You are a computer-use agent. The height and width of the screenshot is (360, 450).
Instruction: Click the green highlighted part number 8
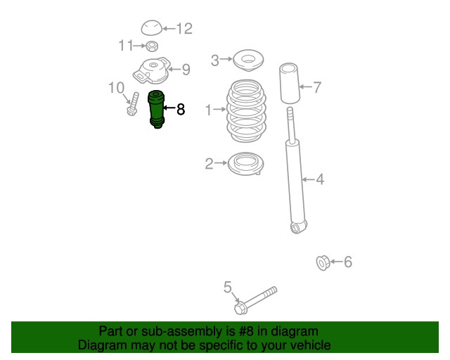pos(156,110)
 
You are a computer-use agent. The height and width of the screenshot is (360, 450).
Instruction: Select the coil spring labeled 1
pos(246,111)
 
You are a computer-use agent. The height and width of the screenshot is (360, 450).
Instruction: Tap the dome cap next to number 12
pos(152,28)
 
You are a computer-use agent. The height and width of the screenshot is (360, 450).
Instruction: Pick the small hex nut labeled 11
pos(152,46)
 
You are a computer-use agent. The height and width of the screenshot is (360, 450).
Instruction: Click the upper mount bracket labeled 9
pos(152,70)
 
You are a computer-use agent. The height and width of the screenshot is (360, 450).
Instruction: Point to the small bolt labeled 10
pos(133,104)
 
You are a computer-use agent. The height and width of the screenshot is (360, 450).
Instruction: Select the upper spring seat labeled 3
pos(248,61)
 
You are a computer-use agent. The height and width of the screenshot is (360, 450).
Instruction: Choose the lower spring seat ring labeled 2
pos(245,164)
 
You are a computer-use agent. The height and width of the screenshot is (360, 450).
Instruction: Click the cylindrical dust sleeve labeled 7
pos(290,83)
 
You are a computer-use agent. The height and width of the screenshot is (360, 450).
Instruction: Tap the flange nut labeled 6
pos(323,263)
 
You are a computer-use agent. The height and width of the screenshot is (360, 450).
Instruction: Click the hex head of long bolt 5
pos(240,308)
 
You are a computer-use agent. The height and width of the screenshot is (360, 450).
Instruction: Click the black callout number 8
pos(181,110)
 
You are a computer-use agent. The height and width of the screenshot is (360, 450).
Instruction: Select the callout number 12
pos(184,29)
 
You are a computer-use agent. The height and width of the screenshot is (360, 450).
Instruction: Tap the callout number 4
pos(320,179)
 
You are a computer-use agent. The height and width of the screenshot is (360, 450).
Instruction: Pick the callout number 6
pos(348,262)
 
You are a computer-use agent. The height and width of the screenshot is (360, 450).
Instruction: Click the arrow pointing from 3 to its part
pos(226,59)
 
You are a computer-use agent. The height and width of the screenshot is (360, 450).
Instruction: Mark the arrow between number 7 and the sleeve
pos(305,86)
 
